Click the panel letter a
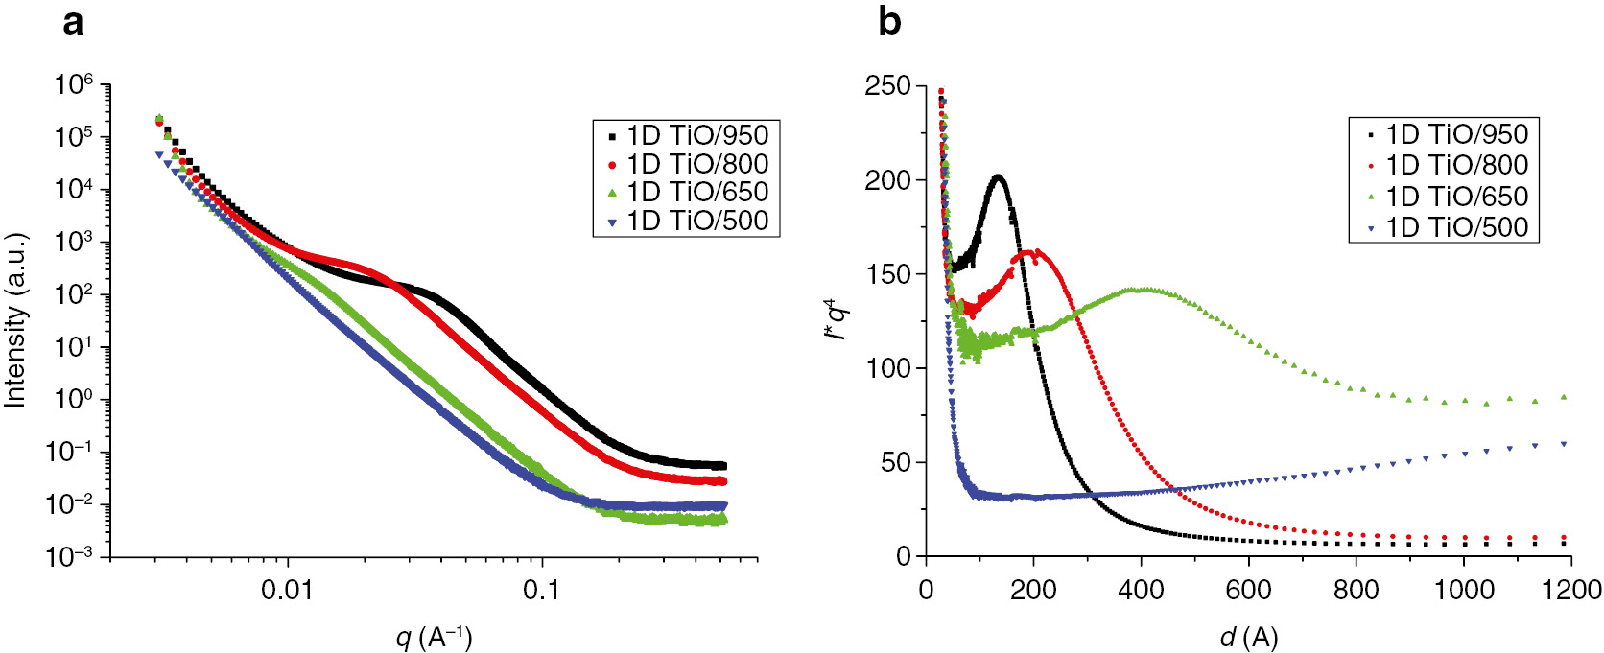point(73,21)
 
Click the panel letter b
point(889,21)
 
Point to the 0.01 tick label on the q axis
point(288,589)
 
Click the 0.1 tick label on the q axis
point(541,589)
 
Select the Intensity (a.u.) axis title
point(15,320)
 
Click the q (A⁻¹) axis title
point(434,636)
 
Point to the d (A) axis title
point(1248,636)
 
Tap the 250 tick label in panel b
point(887,86)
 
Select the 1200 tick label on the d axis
point(1570,589)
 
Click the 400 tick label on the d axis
point(1141,589)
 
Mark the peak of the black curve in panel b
point(999,176)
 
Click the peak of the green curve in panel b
point(1144,289)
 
